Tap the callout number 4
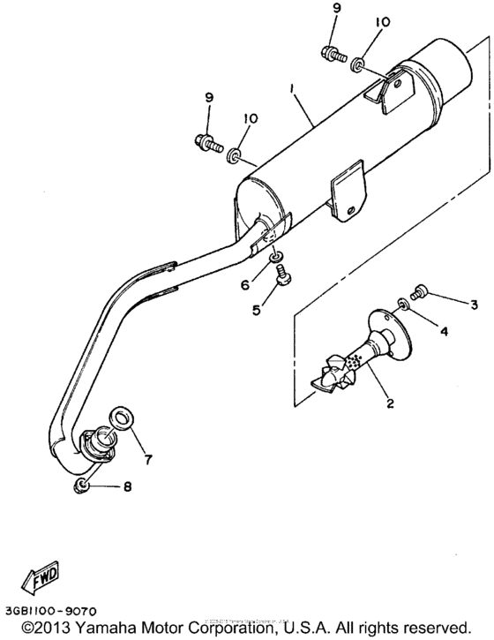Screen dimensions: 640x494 (x=445, y=332)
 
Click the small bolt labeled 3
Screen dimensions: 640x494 (x=420, y=290)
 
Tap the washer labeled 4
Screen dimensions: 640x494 (x=402, y=304)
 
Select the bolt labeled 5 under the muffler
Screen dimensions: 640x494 (x=284, y=279)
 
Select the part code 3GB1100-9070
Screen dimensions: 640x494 (x=49, y=610)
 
